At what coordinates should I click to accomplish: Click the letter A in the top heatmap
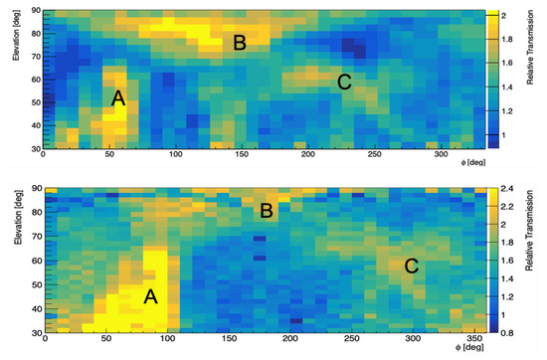pyautogui.click(x=117, y=97)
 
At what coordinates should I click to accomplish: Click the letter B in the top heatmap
pyautogui.click(x=239, y=42)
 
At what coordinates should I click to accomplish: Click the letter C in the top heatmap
pyautogui.click(x=345, y=83)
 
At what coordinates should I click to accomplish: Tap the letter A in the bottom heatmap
pyautogui.click(x=151, y=295)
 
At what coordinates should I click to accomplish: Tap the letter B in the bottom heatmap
pyautogui.click(x=266, y=211)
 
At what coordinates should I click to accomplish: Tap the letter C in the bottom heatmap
pyautogui.click(x=411, y=266)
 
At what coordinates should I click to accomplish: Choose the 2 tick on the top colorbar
pyautogui.click(x=505, y=16)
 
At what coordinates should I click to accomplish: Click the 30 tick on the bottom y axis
pyautogui.click(x=34, y=331)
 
